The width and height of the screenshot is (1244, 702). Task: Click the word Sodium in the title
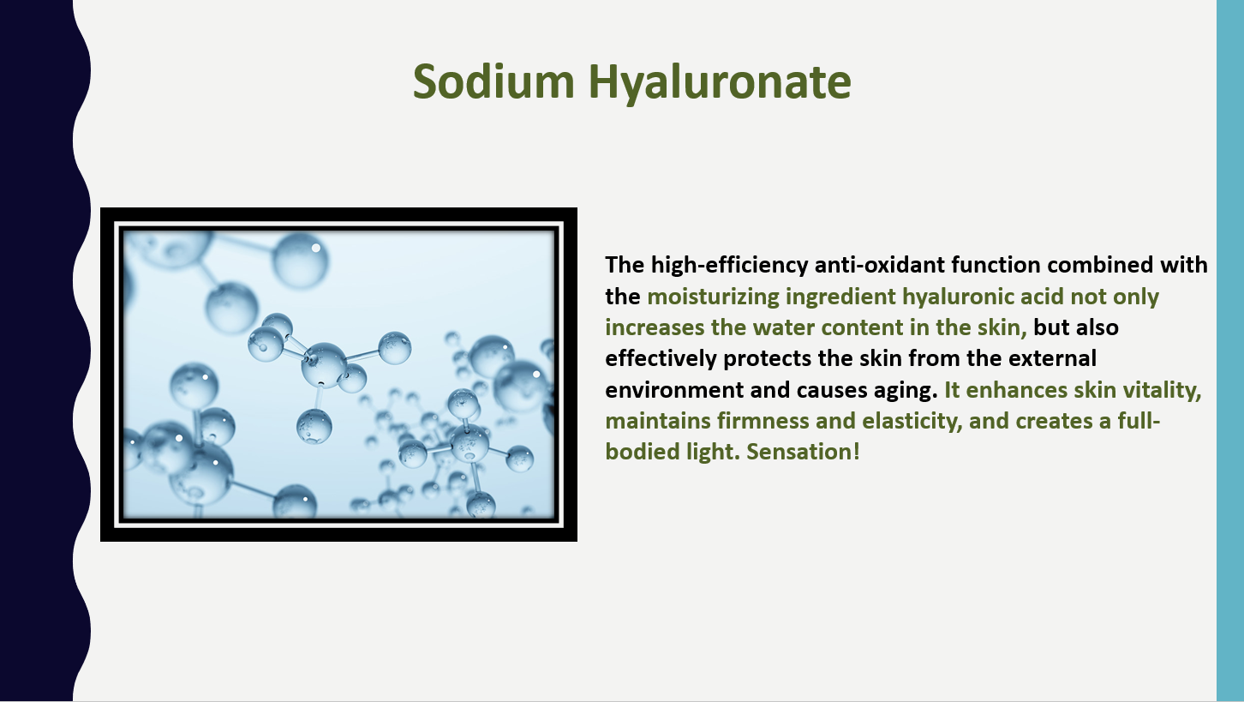493,81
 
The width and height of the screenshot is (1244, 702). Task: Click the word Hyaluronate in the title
720,83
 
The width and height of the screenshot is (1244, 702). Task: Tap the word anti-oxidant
880,265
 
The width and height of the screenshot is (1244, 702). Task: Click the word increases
655,327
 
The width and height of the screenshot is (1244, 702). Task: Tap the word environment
674,390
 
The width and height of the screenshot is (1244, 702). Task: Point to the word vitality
1163,390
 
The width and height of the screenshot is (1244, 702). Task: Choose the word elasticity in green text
912,422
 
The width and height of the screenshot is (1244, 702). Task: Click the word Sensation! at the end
803,452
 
